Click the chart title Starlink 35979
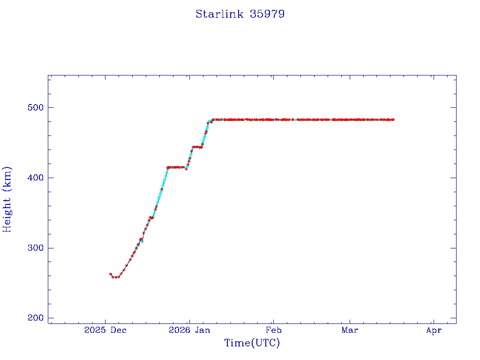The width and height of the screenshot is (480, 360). click(x=240, y=14)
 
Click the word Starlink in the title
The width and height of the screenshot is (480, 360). click(x=219, y=14)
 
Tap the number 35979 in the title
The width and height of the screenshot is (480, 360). click(x=268, y=14)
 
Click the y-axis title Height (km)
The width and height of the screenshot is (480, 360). click(x=7, y=199)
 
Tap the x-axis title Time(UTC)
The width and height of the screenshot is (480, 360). click(x=252, y=343)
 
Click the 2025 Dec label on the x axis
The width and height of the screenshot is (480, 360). click(x=105, y=330)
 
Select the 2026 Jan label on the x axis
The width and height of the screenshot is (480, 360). click(x=189, y=330)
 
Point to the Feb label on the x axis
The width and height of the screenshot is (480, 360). click(x=273, y=330)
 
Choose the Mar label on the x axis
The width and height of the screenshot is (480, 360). click(x=350, y=330)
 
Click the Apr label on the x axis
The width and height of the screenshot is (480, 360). click(x=434, y=330)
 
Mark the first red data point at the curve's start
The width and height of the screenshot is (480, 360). click(x=110, y=274)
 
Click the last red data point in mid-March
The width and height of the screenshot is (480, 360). click(x=393, y=120)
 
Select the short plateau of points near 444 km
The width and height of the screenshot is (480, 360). click(x=197, y=147)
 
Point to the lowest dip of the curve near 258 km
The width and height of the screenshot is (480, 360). click(x=115, y=277)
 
